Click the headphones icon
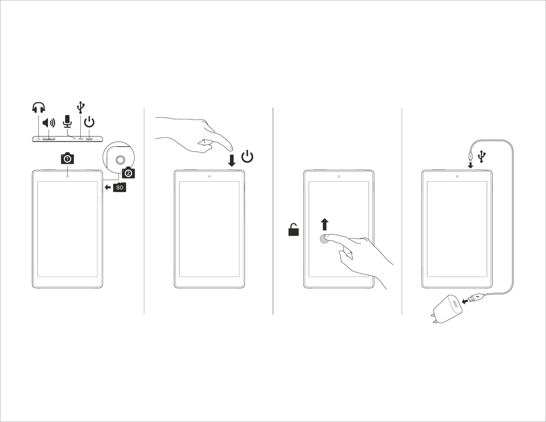coord(39,108)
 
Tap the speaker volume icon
coord(49,123)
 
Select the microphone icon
coord(68,121)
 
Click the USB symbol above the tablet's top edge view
coord(81,107)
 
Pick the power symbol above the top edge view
coord(89,122)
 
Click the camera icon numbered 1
coord(68,159)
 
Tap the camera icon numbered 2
coord(128,173)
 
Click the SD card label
coord(119,187)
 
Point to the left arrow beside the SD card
coord(108,187)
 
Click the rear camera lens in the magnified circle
coord(120,160)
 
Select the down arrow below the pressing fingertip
coord(232,161)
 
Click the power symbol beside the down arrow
coord(248,157)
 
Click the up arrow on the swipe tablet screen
coord(325,224)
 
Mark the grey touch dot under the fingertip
coord(325,239)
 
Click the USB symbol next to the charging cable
coord(482,156)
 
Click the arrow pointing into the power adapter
coord(466,301)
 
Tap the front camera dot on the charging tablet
coord(457,176)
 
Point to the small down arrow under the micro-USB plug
coord(470,165)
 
